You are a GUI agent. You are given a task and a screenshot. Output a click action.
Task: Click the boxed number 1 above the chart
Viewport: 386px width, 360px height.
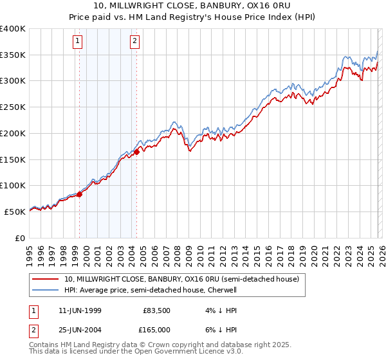click(x=78, y=42)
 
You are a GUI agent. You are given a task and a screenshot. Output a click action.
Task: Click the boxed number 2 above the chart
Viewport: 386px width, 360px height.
click(x=135, y=42)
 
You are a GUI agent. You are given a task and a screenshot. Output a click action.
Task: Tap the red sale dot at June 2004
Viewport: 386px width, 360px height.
click(x=137, y=152)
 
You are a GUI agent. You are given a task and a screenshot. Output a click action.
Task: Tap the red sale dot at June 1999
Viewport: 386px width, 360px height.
click(x=80, y=194)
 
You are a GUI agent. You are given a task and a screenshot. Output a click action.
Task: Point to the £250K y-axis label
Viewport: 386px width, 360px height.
click(x=13, y=107)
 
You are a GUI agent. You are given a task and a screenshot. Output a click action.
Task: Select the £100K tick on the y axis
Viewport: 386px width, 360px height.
click(x=13, y=186)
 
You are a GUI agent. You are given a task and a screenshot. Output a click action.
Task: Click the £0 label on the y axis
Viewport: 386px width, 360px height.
click(x=19, y=238)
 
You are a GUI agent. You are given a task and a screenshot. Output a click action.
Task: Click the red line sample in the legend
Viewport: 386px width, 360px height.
click(x=46, y=280)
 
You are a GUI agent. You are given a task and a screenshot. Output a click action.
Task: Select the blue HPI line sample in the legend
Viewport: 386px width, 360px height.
click(x=46, y=291)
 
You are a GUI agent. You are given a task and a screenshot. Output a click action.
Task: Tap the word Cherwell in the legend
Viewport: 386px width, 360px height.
click(x=222, y=291)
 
